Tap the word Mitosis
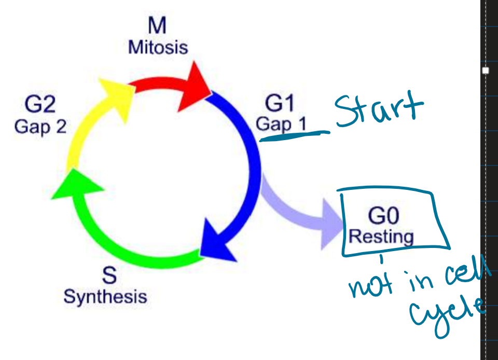pos(158,48)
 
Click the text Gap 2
pos(40,127)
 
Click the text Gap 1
pos(281,124)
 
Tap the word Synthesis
pos(105,297)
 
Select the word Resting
pos(381,237)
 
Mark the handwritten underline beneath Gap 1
pos(293,135)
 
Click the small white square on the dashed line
pos(486,71)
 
